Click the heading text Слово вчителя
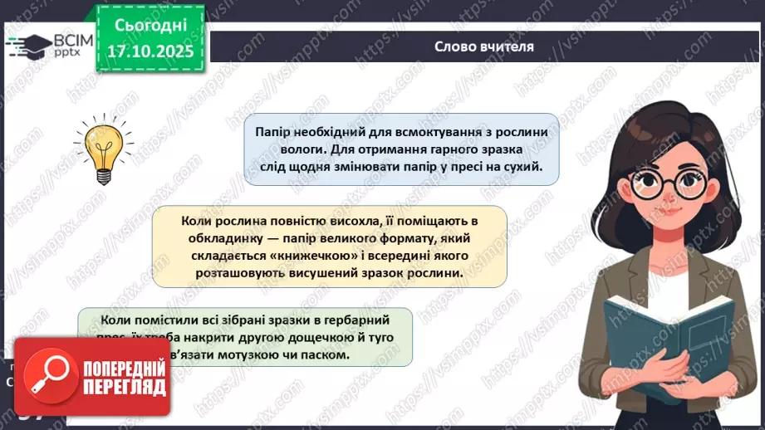[x=483, y=46]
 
